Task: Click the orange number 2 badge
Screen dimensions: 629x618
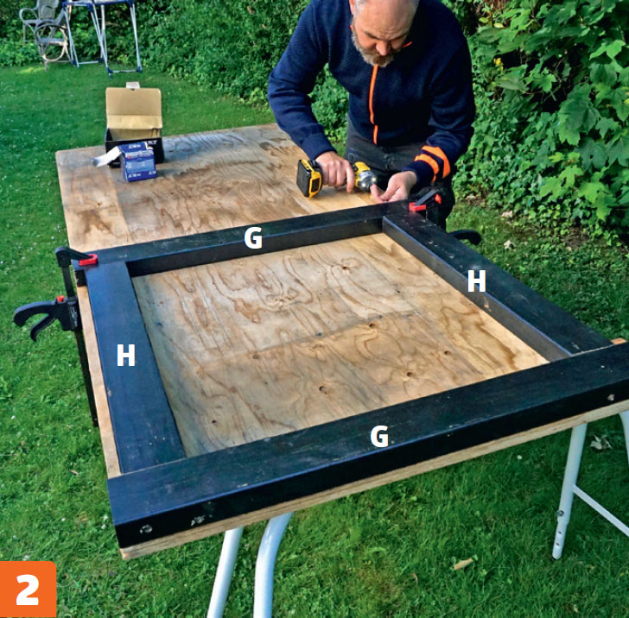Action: pyautogui.click(x=28, y=590)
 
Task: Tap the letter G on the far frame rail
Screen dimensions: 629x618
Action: pyautogui.click(x=253, y=237)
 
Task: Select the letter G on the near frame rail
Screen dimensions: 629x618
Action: pyautogui.click(x=379, y=436)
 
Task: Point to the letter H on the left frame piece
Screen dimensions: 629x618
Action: pyautogui.click(x=125, y=356)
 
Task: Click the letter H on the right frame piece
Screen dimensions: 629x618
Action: pyautogui.click(x=477, y=281)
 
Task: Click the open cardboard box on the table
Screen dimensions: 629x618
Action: pyautogui.click(x=134, y=120)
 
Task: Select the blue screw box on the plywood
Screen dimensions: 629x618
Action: pyautogui.click(x=137, y=161)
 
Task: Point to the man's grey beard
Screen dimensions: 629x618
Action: pyautogui.click(x=372, y=50)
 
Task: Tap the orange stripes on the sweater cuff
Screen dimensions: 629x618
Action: pyautogui.click(x=433, y=161)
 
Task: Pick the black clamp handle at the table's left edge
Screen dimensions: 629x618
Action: pyautogui.click(x=40, y=316)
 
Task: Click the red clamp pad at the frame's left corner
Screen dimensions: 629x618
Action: pyautogui.click(x=88, y=260)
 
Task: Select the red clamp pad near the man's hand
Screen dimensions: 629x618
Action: pyautogui.click(x=417, y=207)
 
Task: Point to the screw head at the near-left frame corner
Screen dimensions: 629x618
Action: pyautogui.click(x=146, y=529)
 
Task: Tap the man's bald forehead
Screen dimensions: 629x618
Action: pyautogui.click(x=380, y=12)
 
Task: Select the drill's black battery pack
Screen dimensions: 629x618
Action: pyautogui.click(x=308, y=179)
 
